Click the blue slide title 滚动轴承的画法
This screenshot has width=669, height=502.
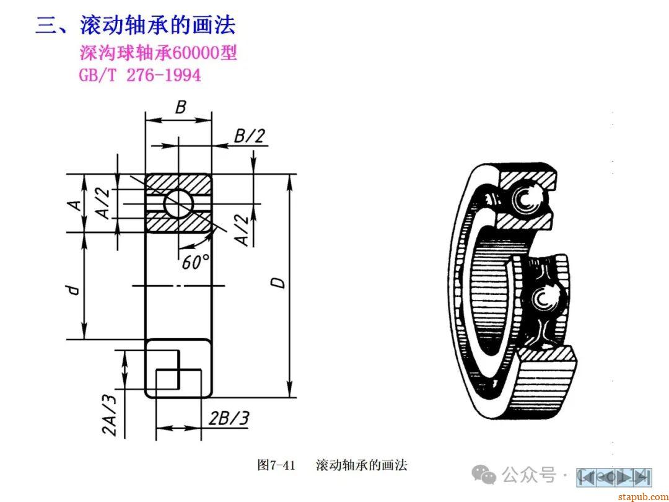[x=157, y=25]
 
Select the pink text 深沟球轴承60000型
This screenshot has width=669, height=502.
[x=158, y=53]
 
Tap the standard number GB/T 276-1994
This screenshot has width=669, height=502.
[x=139, y=75]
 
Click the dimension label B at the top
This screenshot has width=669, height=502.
[x=180, y=107]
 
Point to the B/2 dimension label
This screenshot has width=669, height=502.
[x=250, y=136]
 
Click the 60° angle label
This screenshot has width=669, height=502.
[x=196, y=262]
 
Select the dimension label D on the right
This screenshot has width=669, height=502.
[x=280, y=282]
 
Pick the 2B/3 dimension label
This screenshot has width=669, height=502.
[x=229, y=418]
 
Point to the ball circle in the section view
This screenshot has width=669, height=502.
[x=178, y=202]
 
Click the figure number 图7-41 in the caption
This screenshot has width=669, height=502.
[x=276, y=465]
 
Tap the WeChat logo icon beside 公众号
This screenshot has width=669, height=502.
[x=484, y=475]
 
